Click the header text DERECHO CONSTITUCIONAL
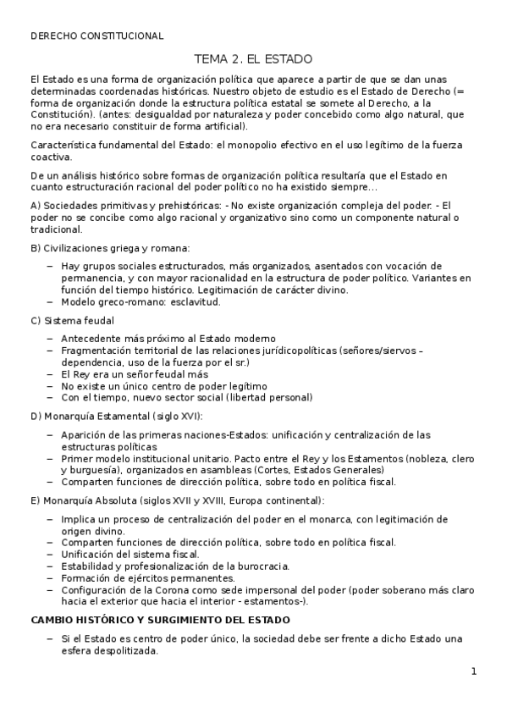[96, 36]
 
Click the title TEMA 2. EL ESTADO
[253, 59]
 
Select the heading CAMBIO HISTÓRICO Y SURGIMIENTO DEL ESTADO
[160, 620]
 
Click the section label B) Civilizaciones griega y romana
[110, 247]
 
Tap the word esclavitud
[194, 301]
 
